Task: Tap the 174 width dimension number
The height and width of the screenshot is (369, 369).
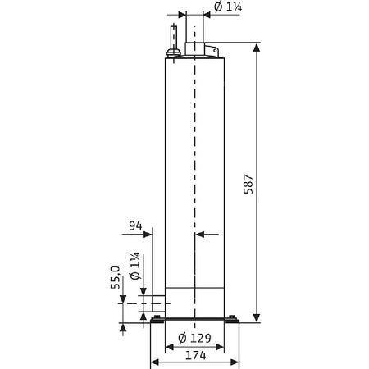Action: point(194,357)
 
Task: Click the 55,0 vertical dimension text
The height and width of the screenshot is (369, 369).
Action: point(116,280)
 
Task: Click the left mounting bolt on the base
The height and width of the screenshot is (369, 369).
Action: point(157,318)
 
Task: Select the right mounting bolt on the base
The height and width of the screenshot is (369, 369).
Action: point(233,318)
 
